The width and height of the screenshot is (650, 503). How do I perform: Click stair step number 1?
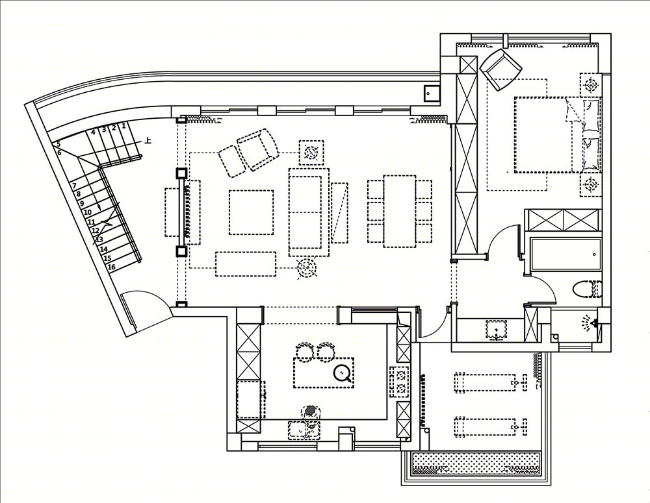tap(123, 125)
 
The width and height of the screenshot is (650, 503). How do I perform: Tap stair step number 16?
tap(112, 267)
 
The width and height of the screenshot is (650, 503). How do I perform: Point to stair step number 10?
tap(88, 212)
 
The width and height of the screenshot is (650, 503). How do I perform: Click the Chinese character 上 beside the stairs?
tap(148, 141)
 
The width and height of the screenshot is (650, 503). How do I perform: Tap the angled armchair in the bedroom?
tap(500, 69)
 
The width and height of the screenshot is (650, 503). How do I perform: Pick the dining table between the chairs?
tap(400, 212)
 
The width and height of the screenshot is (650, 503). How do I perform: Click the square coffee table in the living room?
tap(251, 212)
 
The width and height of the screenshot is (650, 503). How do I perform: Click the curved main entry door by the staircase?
tap(147, 308)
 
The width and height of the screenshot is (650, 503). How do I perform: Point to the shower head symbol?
tap(588, 323)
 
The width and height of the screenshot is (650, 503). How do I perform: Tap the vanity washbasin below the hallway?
tap(496, 330)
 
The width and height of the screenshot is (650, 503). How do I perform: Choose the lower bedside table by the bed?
tap(590, 183)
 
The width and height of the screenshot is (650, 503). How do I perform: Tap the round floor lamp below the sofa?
tap(307, 268)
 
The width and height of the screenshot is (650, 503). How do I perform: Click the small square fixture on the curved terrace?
tap(430, 93)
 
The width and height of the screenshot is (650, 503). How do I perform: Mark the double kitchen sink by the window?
tap(303, 430)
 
